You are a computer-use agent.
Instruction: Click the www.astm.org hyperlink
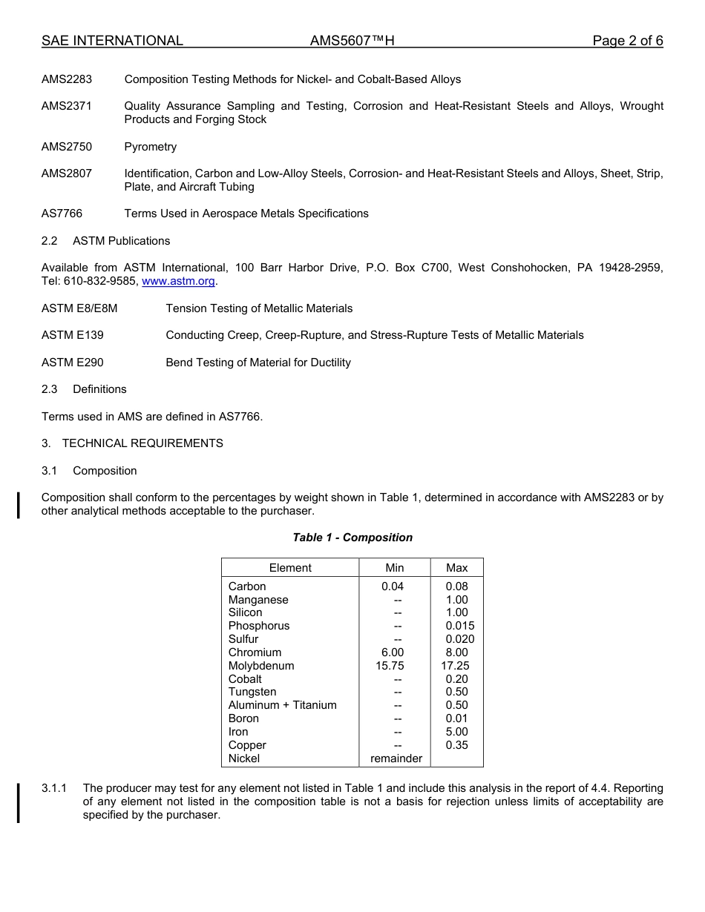pyautogui.click(x=178, y=282)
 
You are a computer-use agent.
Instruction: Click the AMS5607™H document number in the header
pyautogui.click(x=352, y=41)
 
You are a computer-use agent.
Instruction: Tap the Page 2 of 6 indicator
pyautogui.click(x=627, y=41)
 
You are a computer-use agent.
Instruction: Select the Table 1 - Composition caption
pyautogui.click(x=352, y=538)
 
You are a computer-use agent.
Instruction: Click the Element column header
pyautogui.click(x=290, y=568)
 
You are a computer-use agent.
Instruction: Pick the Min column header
pyautogui.click(x=395, y=568)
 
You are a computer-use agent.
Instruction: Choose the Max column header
pyautogui.click(x=457, y=568)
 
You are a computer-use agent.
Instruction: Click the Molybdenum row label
pyautogui.click(x=261, y=666)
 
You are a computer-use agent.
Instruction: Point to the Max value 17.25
pyautogui.click(x=456, y=666)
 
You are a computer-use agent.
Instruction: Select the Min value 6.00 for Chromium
pyautogui.click(x=390, y=652)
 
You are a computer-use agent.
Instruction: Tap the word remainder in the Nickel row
pyautogui.click(x=396, y=759)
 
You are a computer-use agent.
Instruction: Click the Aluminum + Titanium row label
pyautogui.click(x=282, y=705)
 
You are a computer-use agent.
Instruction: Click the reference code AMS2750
pyautogui.click(x=67, y=147)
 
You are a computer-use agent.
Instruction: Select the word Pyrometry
pyautogui.click(x=151, y=147)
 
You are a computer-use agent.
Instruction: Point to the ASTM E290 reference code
pyautogui.click(x=73, y=363)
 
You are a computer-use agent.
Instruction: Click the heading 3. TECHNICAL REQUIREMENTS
pyautogui.click(x=132, y=443)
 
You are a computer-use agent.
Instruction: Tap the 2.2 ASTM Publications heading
pyautogui.click(x=105, y=241)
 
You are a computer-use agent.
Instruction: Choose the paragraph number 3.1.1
pyautogui.click(x=54, y=788)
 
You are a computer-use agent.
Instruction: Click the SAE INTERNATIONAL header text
pyautogui.click(x=112, y=41)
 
